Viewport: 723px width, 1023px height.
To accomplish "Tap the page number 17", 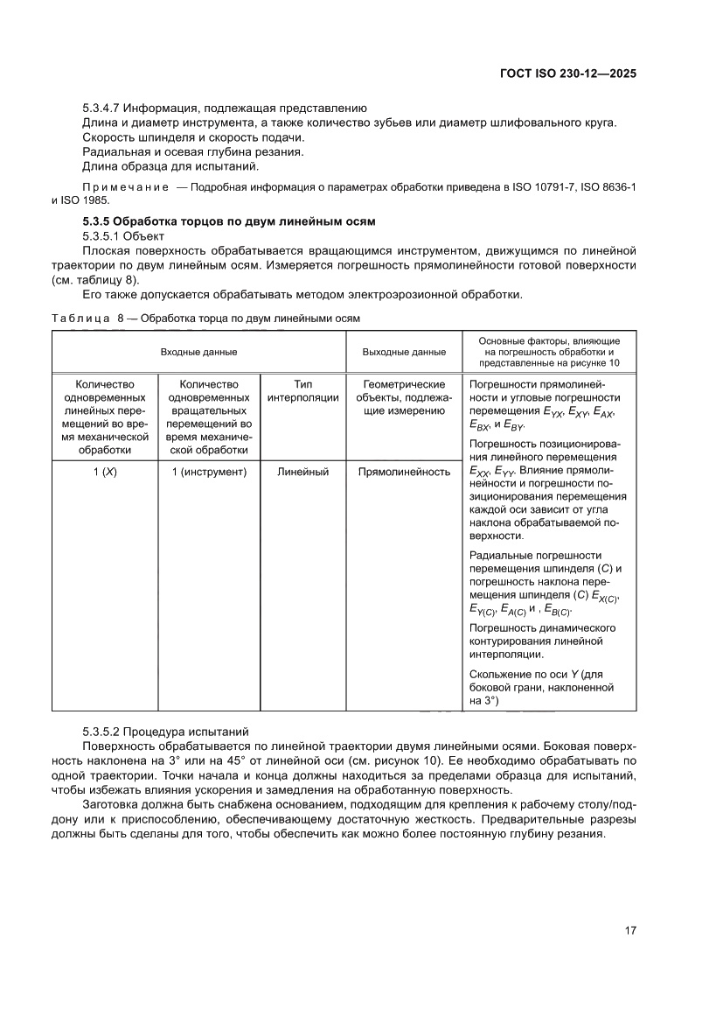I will pos(629,929).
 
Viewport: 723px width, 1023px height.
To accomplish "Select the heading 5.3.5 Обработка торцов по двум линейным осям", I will pos(228,221).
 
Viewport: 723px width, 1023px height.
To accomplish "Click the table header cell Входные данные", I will pos(198,352).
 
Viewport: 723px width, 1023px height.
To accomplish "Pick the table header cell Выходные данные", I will pos(404,352).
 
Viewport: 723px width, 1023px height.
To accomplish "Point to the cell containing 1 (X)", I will pos(105,473).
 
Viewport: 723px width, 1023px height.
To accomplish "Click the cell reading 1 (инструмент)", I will pos(209,473).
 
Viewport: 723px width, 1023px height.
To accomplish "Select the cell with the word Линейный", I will pos(302,473).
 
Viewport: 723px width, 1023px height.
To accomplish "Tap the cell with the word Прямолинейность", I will pos(404,473).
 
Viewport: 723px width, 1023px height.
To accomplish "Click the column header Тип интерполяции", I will pos(302,390).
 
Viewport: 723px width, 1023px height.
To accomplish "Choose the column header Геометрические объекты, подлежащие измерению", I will pos(404,397).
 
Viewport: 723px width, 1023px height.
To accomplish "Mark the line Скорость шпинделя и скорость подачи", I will pos(193,137).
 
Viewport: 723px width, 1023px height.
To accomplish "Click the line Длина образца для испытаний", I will pos(170,166).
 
